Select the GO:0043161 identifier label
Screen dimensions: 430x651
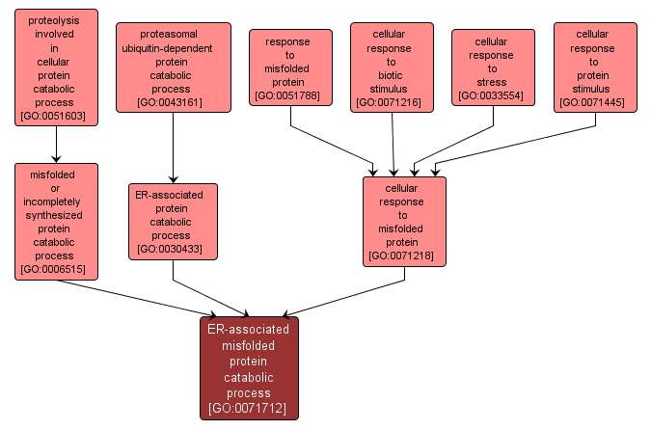(172, 101)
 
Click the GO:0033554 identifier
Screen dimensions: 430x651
(493, 95)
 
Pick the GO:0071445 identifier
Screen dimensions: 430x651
(595, 102)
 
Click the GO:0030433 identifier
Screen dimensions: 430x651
(172, 249)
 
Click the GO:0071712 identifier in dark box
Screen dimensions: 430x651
(248, 409)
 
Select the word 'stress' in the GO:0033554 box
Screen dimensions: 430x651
(493, 82)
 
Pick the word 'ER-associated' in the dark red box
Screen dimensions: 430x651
(248, 329)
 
